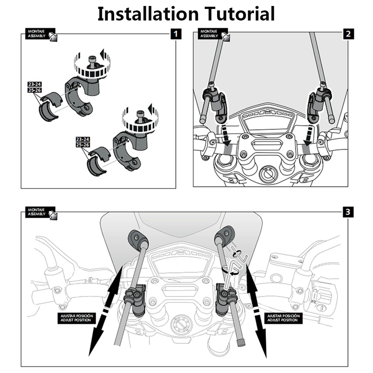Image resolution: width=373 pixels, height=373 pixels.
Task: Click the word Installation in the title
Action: tap(148, 14)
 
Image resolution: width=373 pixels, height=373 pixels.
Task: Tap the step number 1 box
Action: tap(176, 34)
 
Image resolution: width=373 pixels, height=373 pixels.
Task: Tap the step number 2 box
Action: tap(348, 34)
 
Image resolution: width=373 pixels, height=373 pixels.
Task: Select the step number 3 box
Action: tap(348, 212)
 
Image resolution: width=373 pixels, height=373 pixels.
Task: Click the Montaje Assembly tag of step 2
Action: tap(213, 34)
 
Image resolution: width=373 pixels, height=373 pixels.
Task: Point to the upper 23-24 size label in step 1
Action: tap(34, 84)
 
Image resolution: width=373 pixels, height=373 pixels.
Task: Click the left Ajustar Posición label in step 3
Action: tap(76, 318)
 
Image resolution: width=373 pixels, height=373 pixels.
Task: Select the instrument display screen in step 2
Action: tap(267, 122)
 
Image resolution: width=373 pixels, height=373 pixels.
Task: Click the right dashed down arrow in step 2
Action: tap(308, 136)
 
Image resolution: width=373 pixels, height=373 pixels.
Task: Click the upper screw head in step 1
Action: tap(91, 59)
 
